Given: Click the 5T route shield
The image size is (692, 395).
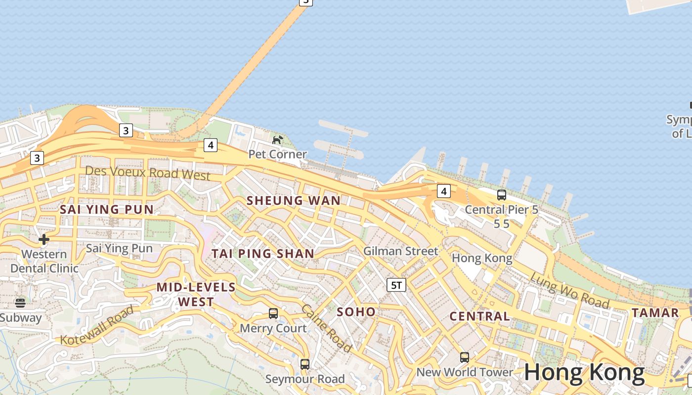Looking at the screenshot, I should (x=396, y=284).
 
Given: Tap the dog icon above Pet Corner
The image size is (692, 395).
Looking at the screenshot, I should (x=277, y=140).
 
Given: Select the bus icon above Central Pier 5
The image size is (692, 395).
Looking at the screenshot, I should (x=502, y=195).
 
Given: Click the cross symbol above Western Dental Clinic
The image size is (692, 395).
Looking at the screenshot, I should (x=44, y=239).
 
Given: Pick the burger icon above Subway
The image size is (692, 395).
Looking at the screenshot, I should (x=20, y=303).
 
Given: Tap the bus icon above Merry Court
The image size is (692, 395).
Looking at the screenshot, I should (x=273, y=313).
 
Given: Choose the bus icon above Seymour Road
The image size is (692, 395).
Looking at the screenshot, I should (x=305, y=364).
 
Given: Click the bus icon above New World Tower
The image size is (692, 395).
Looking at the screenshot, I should (x=464, y=357).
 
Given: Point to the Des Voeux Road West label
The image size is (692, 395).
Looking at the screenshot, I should (x=148, y=173).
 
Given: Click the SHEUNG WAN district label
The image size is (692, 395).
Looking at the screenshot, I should (x=294, y=200).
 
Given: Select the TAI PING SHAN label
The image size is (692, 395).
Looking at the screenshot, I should (x=263, y=254).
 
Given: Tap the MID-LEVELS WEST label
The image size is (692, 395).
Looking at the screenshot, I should (x=196, y=294).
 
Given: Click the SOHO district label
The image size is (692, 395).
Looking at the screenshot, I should (x=356, y=312).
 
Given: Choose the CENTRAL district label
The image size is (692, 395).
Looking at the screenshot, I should (x=479, y=316).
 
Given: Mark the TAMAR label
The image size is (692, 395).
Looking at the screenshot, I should (x=655, y=313).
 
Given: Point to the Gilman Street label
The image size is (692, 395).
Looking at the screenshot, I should (x=400, y=251).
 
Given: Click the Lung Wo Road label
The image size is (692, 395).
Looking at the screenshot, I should (x=569, y=290).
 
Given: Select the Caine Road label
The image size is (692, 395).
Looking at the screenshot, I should (x=327, y=328).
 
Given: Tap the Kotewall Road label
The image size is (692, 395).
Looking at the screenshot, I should (x=97, y=325).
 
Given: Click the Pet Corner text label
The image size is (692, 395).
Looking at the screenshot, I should (x=277, y=154).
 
